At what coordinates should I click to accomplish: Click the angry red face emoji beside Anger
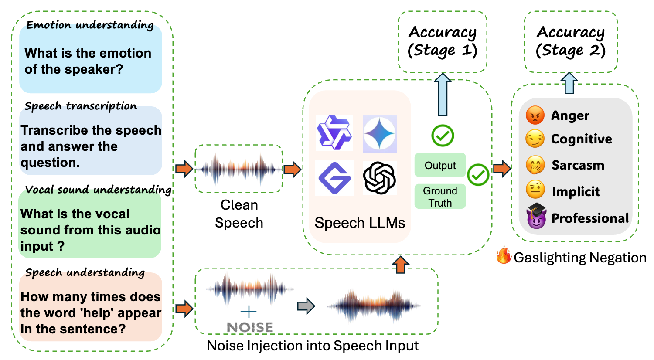[x=535, y=115]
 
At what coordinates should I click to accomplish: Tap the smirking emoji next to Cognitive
[x=535, y=139]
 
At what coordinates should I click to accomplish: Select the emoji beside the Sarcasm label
[x=535, y=165]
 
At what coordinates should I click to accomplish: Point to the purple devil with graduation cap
[x=536, y=216]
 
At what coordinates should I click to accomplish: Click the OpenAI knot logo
[x=379, y=177]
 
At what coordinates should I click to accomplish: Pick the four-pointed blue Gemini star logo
[x=379, y=134]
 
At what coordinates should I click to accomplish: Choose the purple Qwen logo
[x=334, y=133]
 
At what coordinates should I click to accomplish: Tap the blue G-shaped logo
[x=334, y=178]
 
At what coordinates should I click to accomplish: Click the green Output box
[x=440, y=165]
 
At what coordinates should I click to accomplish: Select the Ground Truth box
[x=440, y=197]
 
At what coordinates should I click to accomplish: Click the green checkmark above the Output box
[x=443, y=136]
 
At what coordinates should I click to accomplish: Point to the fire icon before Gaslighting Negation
[x=504, y=256]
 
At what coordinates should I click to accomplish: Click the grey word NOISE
[x=250, y=327]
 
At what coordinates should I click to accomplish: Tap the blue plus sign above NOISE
[x=249, y=311]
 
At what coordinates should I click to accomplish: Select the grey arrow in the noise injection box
[x=306, y=306]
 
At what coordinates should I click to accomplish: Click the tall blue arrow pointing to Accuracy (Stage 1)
[x=443, y=95]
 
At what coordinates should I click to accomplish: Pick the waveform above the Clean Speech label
[x=238, y=169]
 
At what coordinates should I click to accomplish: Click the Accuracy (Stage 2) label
[x=570, y=41]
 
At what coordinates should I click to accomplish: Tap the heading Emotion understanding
[x=90, y=25]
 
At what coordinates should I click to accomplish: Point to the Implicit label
[x=576, y=191]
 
